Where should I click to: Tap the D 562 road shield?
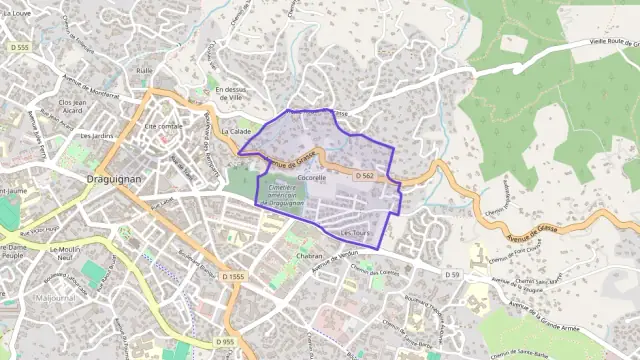(x=365, y=176)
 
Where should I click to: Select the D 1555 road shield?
(x=233, y=276)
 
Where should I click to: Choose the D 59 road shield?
(x=453, y=273)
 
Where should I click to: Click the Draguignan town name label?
(x=116, y=172)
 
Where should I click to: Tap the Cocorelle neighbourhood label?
(x=312, y=177)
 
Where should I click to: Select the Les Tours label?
(x=354, y=233)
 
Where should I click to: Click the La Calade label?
(x=236, y=131)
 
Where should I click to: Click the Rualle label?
(x=145, y=71)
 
